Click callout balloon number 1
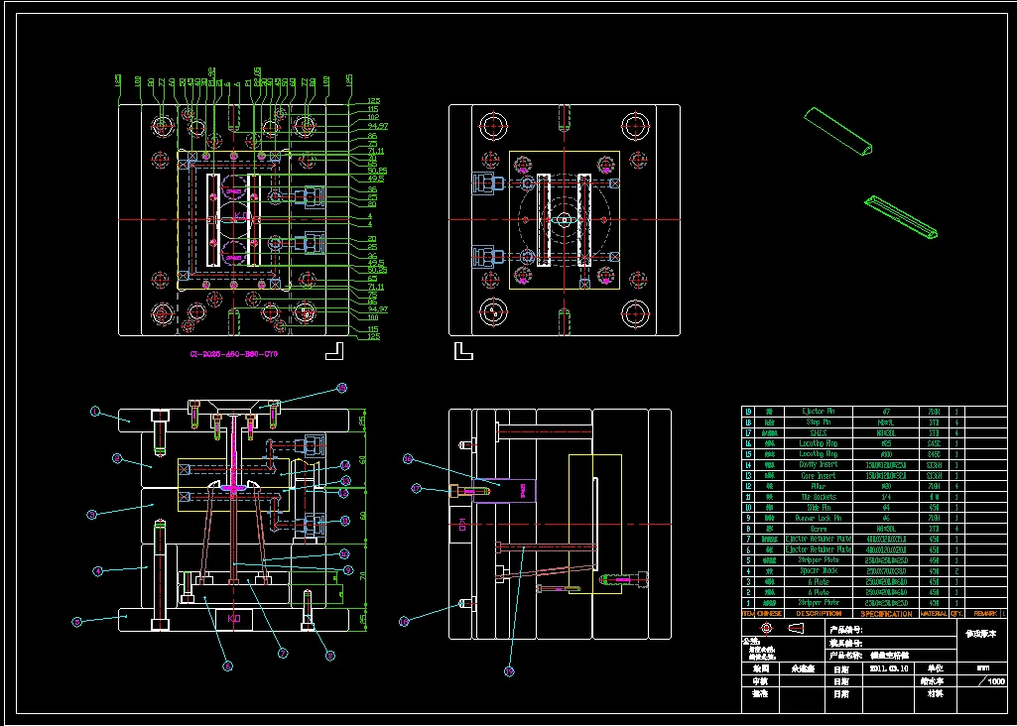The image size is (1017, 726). (96, 411)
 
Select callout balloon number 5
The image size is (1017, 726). (76, 621)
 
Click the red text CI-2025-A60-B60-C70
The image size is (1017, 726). (234, 353)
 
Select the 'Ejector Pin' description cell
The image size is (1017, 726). (819, 410)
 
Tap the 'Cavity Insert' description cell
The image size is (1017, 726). (819, 464)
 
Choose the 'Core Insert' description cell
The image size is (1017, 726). (819, 475)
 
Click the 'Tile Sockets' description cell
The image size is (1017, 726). (819, 497)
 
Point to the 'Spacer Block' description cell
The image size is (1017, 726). (819, 570)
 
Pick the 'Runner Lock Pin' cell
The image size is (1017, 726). (819, 518)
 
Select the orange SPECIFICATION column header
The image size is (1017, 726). (886, 614)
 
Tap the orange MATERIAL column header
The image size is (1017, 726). (935, 614)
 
